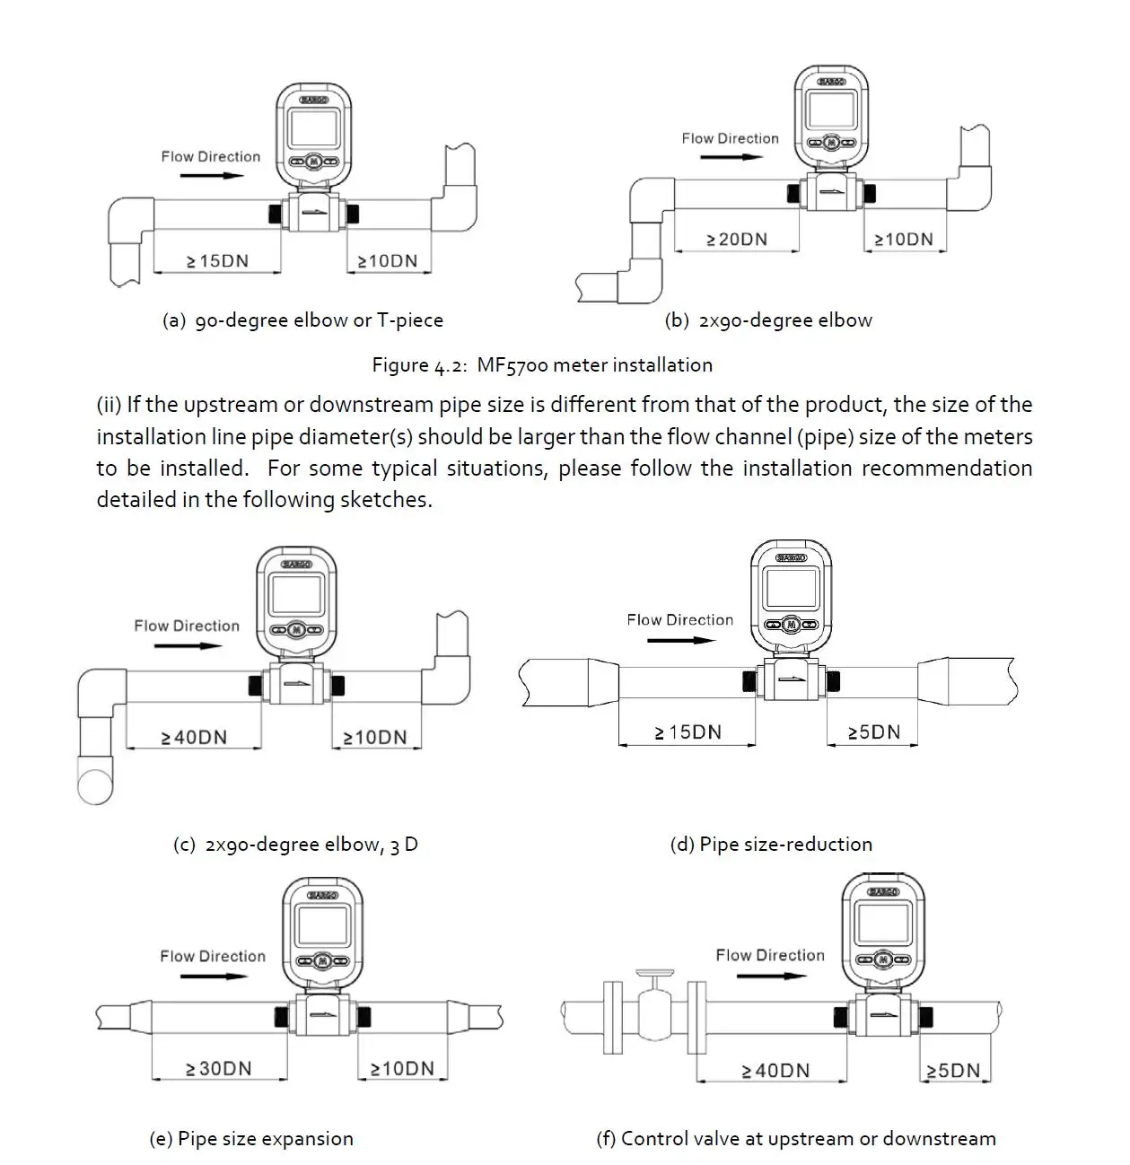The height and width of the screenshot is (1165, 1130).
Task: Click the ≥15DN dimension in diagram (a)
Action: coord(217,261)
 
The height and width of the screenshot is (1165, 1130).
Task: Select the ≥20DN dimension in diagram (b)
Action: coord(737,239)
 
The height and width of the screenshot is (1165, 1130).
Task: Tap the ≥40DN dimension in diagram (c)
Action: coord(194,737)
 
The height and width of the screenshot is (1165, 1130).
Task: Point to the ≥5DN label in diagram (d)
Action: coord(873,731)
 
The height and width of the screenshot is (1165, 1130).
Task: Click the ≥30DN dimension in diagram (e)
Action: coord(219,1068)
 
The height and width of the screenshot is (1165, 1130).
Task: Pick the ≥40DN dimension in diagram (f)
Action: coord(775,1070)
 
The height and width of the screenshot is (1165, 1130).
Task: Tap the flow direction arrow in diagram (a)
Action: coord(212,175)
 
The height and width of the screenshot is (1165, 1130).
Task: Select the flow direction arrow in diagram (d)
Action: coord(681,640)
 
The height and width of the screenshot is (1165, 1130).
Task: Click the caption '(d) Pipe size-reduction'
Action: coord(771,844)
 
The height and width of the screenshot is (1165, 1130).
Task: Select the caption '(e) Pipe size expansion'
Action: coord(251,1138)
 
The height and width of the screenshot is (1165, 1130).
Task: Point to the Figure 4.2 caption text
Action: coord(542,364)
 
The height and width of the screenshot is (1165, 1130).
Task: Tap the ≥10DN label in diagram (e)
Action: coord(402,1068)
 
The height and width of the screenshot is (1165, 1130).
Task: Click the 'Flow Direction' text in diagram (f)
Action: coord(770,955)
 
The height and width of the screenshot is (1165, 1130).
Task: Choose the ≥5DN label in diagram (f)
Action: coord(953,1070)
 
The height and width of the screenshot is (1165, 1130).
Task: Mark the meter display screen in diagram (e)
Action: coord(323,923)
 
